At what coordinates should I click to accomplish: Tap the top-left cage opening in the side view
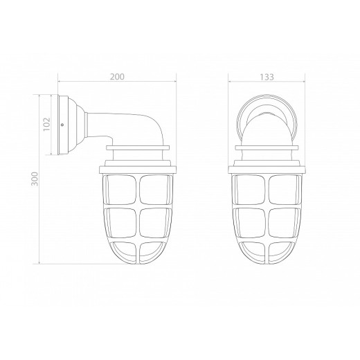120,189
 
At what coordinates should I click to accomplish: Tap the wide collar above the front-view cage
265,165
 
